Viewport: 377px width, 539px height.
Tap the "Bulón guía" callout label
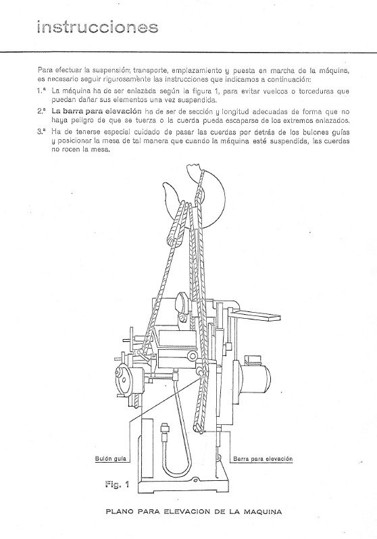107,459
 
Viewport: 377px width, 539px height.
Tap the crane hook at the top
196,186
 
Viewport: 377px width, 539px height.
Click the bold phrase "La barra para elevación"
97,109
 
